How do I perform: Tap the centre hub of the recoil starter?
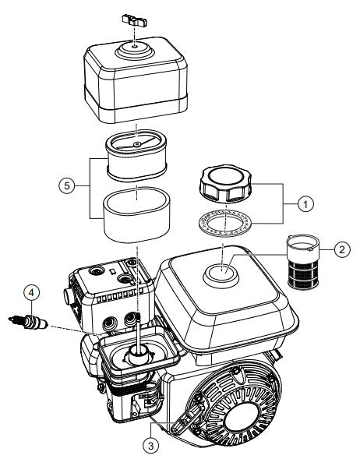pyautogui.click(x=242, y=414)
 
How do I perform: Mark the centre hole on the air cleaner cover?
pyautogui.click(x=135, y=46)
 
